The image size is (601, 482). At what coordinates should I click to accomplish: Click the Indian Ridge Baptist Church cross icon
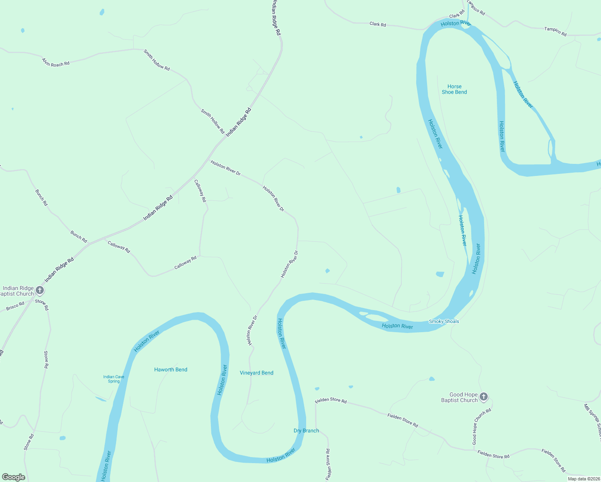40,290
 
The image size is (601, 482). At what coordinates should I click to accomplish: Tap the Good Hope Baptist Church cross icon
484,397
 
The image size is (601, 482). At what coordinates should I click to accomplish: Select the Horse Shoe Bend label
454,89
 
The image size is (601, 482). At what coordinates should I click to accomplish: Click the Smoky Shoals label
444,321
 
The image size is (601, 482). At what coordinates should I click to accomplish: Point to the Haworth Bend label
171,370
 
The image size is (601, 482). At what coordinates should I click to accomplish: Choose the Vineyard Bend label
256,373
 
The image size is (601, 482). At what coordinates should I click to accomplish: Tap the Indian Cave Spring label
114,379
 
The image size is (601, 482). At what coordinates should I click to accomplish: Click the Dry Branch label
306,431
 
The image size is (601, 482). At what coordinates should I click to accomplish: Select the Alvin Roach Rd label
56,62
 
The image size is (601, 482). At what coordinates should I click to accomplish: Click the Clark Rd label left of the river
378,24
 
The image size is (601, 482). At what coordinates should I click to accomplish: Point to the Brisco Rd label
15,306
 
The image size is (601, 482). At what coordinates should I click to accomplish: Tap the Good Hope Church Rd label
481,427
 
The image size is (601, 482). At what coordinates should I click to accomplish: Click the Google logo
14,477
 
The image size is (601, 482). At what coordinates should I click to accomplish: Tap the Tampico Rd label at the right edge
555,31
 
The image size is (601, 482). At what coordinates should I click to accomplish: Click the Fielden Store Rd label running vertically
328,464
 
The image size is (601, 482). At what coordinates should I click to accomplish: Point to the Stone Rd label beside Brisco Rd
42,305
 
